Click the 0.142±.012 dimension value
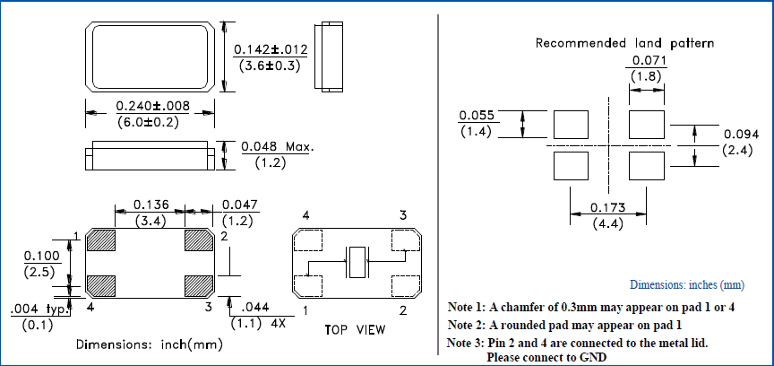270,49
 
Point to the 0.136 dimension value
149,204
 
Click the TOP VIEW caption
355,330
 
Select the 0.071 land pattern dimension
647,61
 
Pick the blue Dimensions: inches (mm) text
686,284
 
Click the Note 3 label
466,344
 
